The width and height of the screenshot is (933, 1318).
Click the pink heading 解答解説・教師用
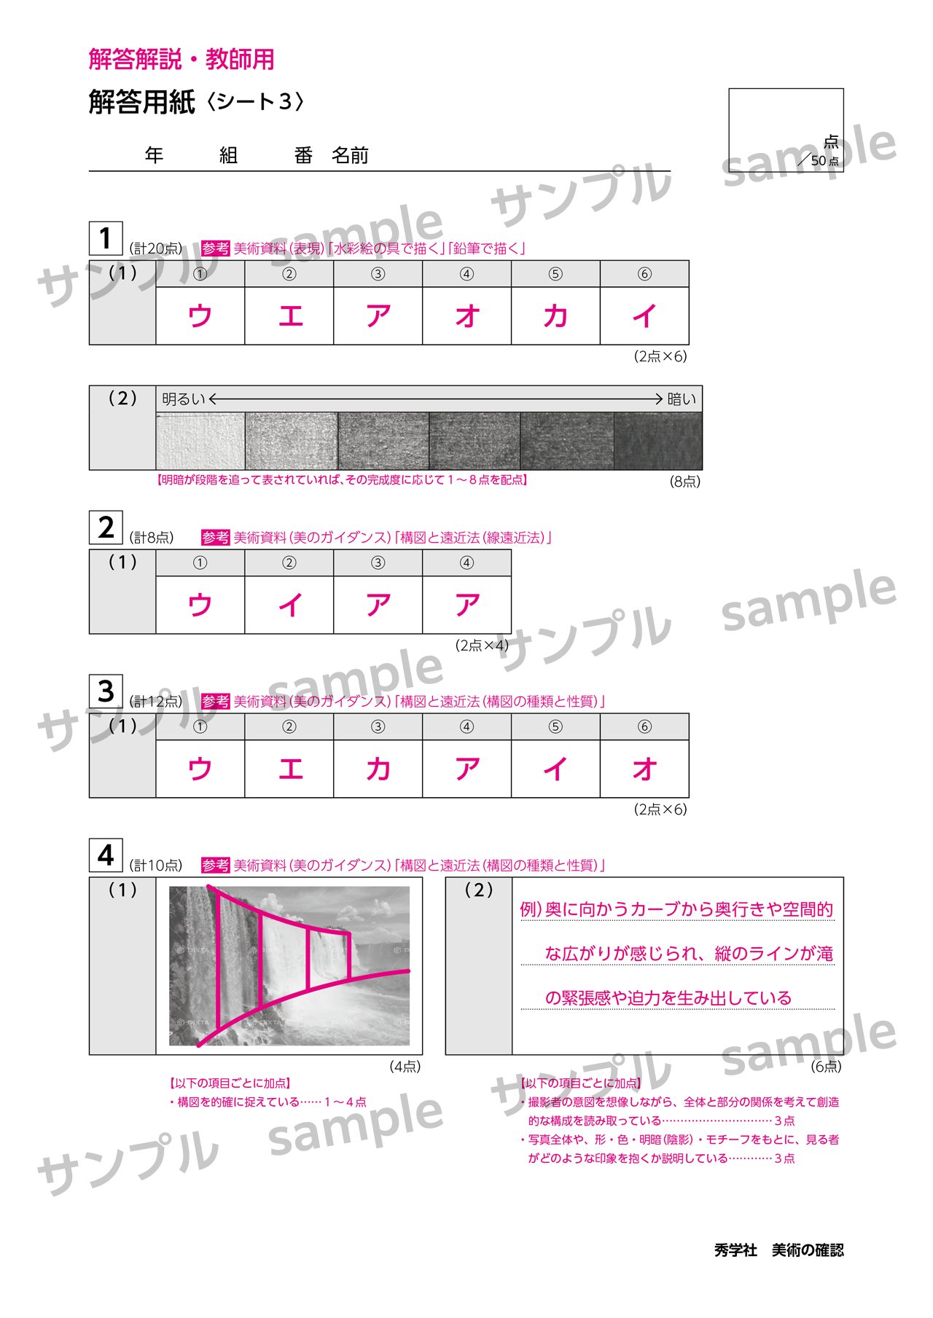point(181,59)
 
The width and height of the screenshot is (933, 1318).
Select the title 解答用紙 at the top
point(142,102)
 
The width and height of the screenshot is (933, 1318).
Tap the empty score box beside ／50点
point(786,130)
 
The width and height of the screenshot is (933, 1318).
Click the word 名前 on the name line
point(351,155)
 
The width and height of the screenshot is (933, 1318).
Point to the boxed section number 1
point(106,238)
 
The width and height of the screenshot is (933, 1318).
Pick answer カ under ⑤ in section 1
point(555,315)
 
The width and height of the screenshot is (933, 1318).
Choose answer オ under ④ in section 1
point(466,315)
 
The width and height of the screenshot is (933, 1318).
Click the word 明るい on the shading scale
point(184,399)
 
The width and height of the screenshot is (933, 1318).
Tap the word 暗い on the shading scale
point(682,399)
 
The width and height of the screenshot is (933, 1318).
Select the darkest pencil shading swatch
point(658,442)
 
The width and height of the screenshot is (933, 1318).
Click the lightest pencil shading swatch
point(200,442)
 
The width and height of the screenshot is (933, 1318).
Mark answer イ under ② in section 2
point(289,605)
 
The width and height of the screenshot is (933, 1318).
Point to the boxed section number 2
point(106,527)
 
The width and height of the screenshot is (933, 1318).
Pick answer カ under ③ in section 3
point(378,769)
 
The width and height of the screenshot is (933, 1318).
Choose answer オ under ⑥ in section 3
point(644,769)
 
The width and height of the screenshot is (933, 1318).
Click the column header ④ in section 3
point(466,726)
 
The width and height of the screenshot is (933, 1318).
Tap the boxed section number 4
point(106,855)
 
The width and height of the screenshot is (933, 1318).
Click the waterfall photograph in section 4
point(289,966)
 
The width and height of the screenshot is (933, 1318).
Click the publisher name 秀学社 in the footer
point(735,1250)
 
